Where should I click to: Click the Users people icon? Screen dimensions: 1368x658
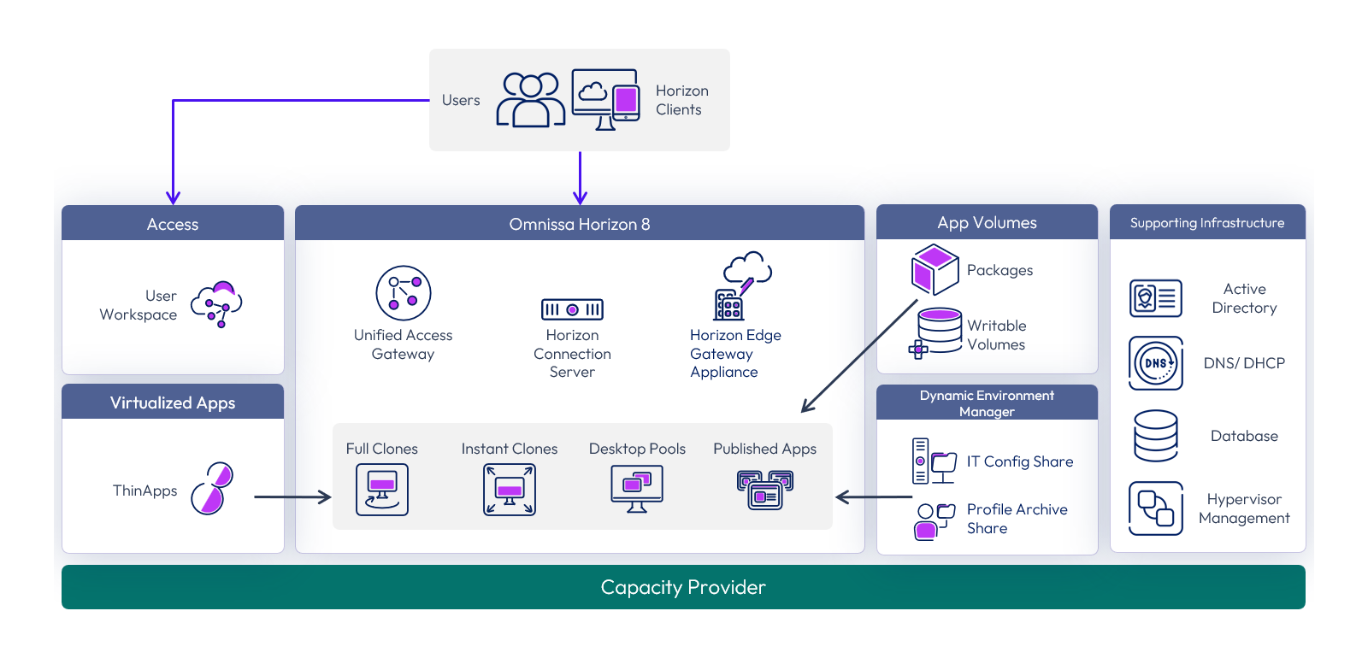pyautogui.click(x=530, y=100)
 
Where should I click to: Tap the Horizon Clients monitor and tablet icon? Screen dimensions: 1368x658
pyautogui.click(x=606, y=99)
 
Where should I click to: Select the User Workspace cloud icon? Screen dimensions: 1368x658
pyautogui.click(x=216, y=304)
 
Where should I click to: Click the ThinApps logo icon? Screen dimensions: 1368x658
pyautogui.click(x=212, y=488)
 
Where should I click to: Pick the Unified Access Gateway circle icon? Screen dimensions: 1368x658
pyautogui.click(x=403, y=293)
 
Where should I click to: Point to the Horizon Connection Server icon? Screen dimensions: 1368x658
pyautogui.click(x=572, y=309)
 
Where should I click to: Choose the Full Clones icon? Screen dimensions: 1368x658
pyautogui.click(x=382, y=490)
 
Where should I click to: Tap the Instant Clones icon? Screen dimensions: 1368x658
pyautogui.click(x=510, y=490)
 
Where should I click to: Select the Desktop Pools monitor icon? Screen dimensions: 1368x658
pyautogui.click(x=637, y=489)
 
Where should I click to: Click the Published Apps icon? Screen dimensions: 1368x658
pyautogui.click(x=765, y=490)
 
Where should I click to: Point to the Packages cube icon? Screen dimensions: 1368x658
pyautogui.click(x=935, y=270)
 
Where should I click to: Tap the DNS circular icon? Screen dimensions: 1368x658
pyautogui.click(x=1155, y=363)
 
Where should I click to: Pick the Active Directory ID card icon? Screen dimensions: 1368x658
pyautogui.click(x=1155, y=298)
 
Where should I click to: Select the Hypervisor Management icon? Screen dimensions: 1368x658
pyautogui.click(x=1155, y=508)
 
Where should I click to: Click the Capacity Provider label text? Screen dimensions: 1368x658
pyautogui.click(x=683, y=587)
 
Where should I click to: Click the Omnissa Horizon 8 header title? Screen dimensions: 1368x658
pyautogui.click(x=580, y=224)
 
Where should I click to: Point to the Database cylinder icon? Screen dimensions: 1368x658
pyautogui.click(x=1155, y=436)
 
